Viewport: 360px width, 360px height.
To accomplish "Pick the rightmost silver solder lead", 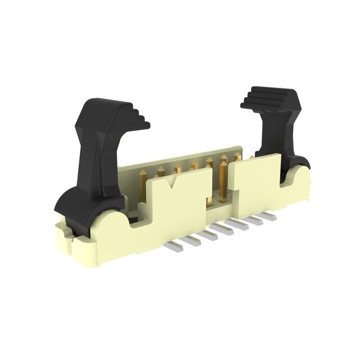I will [x=269, y=216].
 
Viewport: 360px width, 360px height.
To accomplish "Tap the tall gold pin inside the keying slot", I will [x=224, y=180].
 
